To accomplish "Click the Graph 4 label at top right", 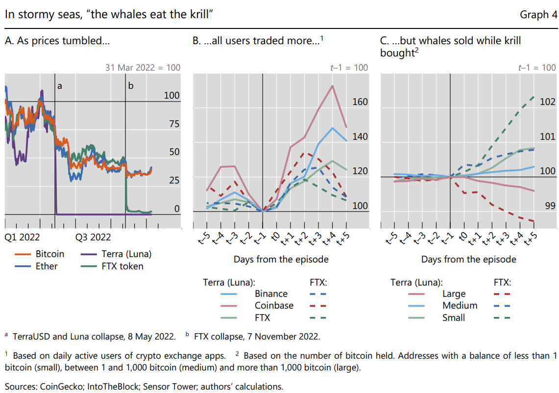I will click(538, 15).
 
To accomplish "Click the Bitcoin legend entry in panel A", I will click(49, 254).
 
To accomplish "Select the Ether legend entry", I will click(47, 266).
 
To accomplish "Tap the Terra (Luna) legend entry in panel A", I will click(126, 254).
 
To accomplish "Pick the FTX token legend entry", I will click(122, 266).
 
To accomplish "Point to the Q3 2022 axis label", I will click(93, 237).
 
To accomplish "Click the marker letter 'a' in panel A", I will click(60, 86).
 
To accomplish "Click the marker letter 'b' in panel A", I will click(130, 86).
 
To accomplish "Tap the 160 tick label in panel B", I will click(360, 102).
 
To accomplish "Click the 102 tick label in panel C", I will click(547, 102).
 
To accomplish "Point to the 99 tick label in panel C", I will click(550, 206).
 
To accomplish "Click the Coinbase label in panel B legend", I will click(274, 306).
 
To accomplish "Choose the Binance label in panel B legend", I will click(271, 294).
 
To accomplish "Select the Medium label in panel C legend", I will click(460, 306).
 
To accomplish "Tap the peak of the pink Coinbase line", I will click(333, 86).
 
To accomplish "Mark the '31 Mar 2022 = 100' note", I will click(143, 68).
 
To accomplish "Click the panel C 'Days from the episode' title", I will click(468, 259).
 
